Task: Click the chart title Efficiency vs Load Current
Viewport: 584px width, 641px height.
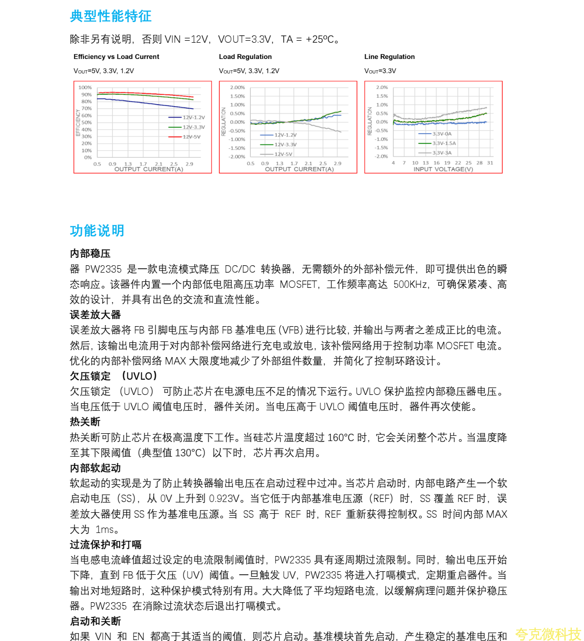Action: (x=116, y=57)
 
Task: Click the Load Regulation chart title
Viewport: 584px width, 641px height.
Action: (x=245, y=57)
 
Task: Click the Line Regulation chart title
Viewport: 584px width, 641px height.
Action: (x=389, y=57)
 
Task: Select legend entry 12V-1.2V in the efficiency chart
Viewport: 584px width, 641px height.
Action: (x=193, y=118)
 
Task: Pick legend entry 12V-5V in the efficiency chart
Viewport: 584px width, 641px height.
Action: (x=191, y=137)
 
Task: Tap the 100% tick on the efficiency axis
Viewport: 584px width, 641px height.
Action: (x=85, y=87)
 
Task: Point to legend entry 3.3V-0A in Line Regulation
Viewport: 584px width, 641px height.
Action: (x=442, y=134)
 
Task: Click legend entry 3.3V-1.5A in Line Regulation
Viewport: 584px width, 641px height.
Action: (x=444, y=143)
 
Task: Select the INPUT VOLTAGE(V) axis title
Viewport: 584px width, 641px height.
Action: (x=443, y=169)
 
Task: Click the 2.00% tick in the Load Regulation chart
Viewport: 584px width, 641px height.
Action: (x=238, y=87)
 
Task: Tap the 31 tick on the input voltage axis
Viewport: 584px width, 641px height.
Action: (x=490, y=163)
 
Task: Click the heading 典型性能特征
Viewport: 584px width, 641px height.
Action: (x=110, y=16)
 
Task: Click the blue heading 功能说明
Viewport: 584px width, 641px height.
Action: (x=97, y=230)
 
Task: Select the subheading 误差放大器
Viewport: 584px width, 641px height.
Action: (x=95, y=315)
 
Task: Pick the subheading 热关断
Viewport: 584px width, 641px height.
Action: (x=85, y=422)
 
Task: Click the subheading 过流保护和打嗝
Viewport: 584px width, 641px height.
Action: (x=106, y=545)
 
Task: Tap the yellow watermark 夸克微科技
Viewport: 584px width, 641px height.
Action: (x=548, y=634)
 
